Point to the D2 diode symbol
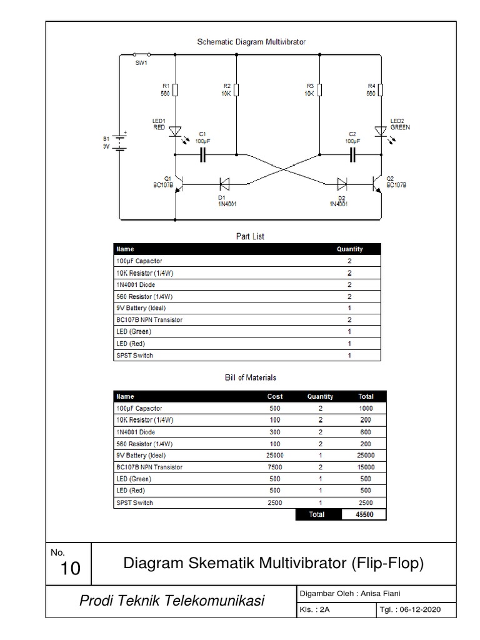pos(342,184)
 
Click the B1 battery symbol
pos(120,142)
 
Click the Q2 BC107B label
pos(396,181)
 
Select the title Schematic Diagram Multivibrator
pos(251,42)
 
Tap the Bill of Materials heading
pos(250,377)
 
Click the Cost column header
pos(275,396)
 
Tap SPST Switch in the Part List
pos(134,355)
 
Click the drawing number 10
pos(71,567)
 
